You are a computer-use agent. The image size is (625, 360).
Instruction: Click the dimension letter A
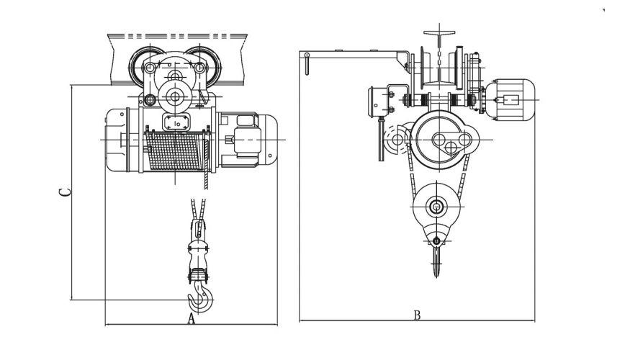192,319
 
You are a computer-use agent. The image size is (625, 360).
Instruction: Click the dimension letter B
418,315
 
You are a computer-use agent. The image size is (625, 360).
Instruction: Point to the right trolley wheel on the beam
202,67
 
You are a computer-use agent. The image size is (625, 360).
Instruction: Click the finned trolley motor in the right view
511,99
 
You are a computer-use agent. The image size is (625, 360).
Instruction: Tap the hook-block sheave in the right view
437,207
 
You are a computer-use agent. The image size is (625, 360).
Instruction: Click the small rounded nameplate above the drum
176,122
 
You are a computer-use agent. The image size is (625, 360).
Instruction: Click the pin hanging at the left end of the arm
307,64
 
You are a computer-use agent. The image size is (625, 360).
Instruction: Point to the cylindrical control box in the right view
378,102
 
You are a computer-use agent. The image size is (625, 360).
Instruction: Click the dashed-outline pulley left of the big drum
396,140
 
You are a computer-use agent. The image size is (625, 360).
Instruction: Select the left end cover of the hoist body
117,140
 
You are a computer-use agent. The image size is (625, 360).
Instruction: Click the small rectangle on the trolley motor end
511,99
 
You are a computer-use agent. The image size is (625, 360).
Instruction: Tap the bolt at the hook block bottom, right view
437,240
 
